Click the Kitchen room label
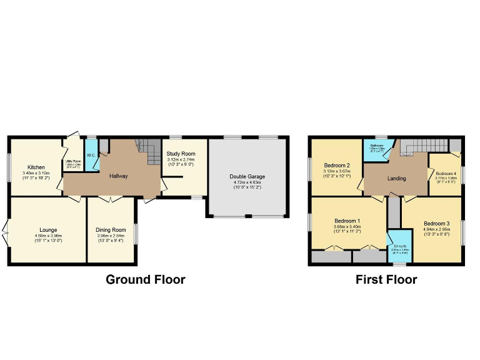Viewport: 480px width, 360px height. point(36,167)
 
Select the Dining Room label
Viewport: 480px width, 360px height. point(111,230)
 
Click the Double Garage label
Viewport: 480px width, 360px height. point(247,176)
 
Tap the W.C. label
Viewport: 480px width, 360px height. point(91,155)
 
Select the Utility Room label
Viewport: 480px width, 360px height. point(74,161)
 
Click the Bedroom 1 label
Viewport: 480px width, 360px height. point(347,221)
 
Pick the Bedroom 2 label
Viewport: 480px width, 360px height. point(336,165)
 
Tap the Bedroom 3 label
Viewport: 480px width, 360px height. point(436,223)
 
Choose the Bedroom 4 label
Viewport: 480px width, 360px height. point(446,173)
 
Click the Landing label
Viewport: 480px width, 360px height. point(396,178)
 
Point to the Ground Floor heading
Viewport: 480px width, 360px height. point(145,279)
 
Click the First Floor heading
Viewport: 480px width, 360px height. point(386,279)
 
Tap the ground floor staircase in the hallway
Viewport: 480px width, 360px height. point(152,152)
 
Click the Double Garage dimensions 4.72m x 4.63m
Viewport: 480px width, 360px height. point(247,182)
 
